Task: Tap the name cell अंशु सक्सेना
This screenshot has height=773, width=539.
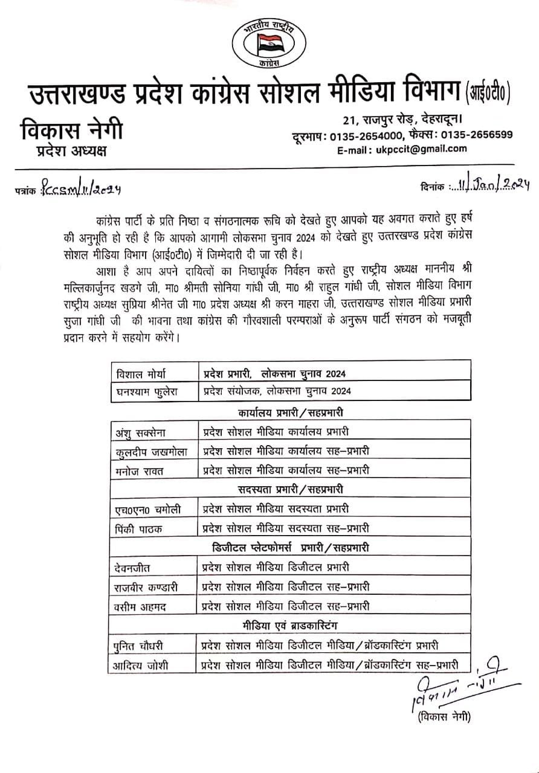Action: [143, 432]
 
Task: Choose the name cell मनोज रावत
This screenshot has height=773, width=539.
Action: [138, 470]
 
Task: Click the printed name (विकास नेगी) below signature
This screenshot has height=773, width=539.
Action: [443, 717]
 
